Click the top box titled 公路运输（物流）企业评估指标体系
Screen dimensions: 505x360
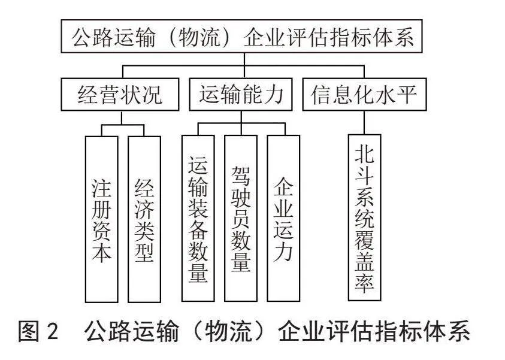[241, 36]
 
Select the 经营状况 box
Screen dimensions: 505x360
[120, 95]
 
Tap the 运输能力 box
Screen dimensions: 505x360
[241, 95]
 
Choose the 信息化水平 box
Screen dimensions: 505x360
[364, 95]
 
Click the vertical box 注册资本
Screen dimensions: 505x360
[101, 219]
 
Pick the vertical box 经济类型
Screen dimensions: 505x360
[144, 219]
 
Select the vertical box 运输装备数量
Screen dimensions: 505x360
[198, 218]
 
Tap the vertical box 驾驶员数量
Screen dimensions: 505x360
[241, 218]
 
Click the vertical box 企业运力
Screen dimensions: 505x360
[283, 218]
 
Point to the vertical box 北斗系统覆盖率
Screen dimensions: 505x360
[365, 217]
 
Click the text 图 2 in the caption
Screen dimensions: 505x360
[38, 331]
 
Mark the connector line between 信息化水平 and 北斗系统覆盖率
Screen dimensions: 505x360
[364, 123]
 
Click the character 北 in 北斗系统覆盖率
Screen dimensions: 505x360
[365, 155]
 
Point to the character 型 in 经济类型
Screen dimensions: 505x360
[144, 251]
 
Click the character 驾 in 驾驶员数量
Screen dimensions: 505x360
[241, 176]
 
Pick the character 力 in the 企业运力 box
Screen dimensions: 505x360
[283, 251]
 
